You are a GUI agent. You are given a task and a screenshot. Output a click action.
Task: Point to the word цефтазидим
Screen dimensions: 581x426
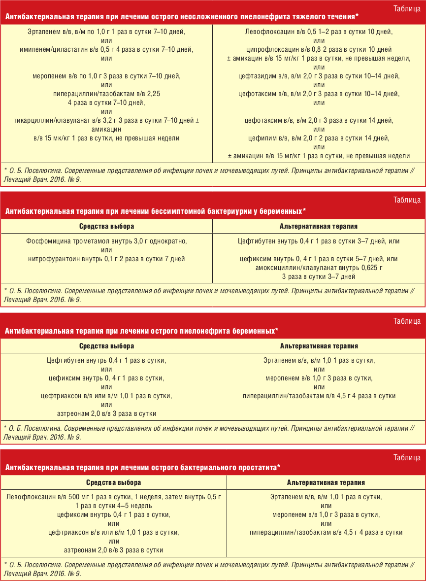pos(256,76)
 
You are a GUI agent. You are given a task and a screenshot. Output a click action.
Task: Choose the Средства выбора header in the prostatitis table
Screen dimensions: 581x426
pos(113,482)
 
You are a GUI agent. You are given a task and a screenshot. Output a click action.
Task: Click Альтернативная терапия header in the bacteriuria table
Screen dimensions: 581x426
pos(319,226)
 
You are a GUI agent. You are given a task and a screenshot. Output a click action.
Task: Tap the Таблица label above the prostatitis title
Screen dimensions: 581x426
pos(407,458)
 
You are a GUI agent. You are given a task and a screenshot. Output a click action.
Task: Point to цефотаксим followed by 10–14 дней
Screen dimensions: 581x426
pos(258,94)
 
